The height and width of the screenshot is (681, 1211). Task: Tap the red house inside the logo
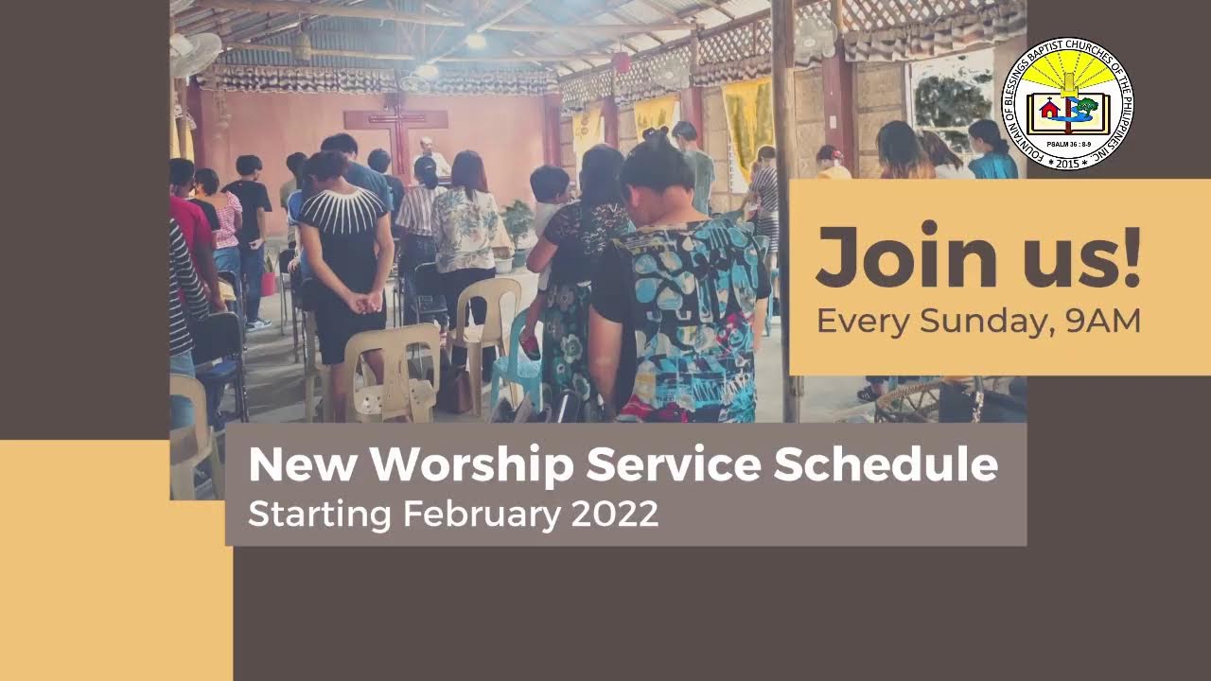pyautogui.click(x=1049, y=110)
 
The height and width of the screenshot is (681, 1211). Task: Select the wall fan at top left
pyautogui.click(x=195, y=54)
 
